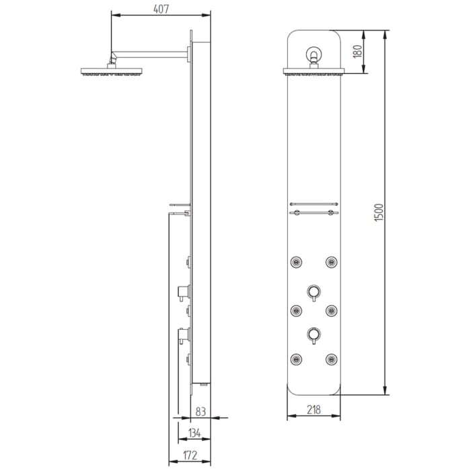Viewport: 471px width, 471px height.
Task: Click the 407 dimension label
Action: point(160,9)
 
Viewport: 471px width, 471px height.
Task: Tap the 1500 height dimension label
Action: point(379,213)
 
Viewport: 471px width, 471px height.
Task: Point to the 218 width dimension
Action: point(314,408)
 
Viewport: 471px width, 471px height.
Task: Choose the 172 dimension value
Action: point(189,456)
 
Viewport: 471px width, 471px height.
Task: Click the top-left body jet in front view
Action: point(296,261)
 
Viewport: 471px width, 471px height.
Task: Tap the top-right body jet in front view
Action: point(331,261)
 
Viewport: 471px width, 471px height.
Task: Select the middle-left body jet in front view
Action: point(296,310)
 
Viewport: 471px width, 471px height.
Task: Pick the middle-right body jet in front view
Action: point(331,310)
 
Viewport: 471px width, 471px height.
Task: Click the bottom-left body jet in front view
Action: point(296,359)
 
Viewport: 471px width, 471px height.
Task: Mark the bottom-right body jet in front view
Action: point(331,359)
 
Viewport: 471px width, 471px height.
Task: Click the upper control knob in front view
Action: point(314,291)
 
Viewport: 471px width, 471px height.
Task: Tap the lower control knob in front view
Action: point(314,332)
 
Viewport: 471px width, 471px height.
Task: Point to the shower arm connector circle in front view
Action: point(314,53)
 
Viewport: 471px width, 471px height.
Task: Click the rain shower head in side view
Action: point(111,71)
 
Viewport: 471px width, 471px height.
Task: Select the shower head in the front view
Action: point(314,72)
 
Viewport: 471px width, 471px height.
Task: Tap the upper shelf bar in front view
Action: point(314,203)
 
